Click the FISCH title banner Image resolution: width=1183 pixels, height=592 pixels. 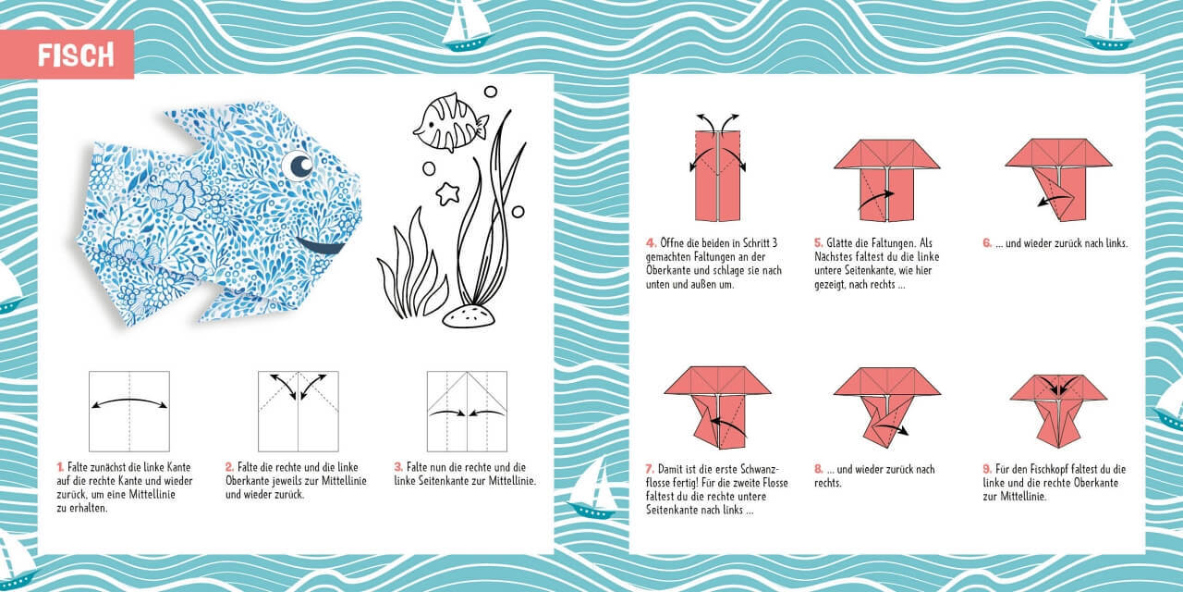[x=76, y=55]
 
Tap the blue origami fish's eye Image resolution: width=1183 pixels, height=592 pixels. [x=299, y=166]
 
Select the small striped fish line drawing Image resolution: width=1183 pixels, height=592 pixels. [x=448, y=123]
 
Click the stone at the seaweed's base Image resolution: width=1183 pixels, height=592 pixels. [x=468, y=315]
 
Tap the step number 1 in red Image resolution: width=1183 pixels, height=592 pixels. [x=60, y=468]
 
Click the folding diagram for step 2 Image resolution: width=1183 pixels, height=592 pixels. [x=298, y=411]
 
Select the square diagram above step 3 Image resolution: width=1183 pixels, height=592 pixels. [x=467, y=411]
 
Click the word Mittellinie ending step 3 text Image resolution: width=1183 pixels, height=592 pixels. [x=506, y=482]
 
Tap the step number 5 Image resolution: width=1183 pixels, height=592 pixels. [x=819, y=243]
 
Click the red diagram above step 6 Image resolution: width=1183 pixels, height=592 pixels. [x=1057, y=178]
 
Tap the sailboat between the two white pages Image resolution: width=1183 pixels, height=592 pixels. [x=591, y=487]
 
